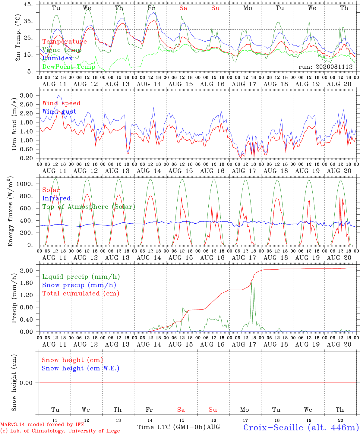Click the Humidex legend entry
click(57, 58)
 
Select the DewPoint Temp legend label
click(69, 67)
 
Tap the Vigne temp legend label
click(62, 50)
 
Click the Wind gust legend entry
click(59, 112)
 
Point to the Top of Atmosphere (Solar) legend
click(89, 207)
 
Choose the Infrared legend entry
click(56, 198)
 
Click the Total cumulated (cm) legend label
click(81, 293)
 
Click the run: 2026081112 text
click(325, 67)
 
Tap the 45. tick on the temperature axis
click(28, 4)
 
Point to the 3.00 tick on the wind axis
click(27, 96)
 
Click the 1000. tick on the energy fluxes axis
click(25, 184)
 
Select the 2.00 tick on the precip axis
click(27, 271)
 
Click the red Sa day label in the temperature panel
click(183, 8)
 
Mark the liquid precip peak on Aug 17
click(251, 282)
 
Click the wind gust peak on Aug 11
click(59, 96)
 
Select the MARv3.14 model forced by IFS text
click(42, 424)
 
